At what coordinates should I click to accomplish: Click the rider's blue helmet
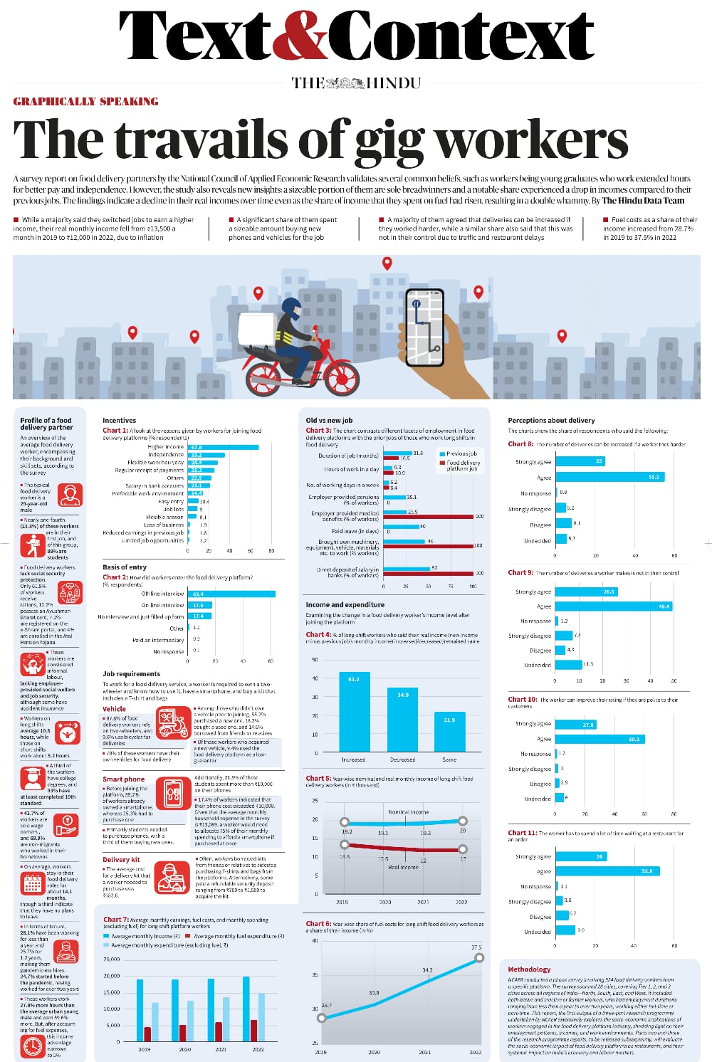[x=290, y=307]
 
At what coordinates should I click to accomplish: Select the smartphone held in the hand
[x=425, y=328]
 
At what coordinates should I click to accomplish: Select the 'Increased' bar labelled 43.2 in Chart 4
[x=353, y=711]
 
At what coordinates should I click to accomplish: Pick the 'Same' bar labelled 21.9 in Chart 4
[x=449, y=731]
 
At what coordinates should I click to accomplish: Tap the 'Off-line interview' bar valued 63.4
[x=231, y=594]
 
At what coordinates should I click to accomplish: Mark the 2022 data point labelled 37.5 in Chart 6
[x=479, y=957]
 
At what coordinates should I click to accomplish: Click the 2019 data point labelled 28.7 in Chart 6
[x=321, y=1018]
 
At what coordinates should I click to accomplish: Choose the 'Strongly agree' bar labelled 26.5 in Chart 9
[x=587, y=592]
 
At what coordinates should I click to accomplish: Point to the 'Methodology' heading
[x=529, y=969]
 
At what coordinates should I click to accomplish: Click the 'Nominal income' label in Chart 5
[x=408, y=811]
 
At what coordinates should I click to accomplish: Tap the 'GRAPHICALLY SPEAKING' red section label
[x=85, y=102]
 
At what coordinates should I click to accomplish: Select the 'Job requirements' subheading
[x=131, y=673]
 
